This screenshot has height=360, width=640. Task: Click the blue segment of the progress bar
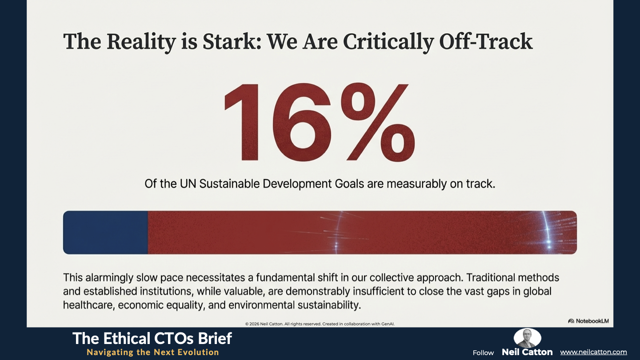coord(105,232)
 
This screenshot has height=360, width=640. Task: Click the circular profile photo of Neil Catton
coord(527,338)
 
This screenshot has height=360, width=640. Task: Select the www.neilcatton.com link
coord(593,352)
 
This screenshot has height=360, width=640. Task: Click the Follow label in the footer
coord(483,352)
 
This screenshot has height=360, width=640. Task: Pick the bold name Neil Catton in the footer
coord(527,352)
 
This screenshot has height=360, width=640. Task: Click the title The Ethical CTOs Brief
coord(152,339)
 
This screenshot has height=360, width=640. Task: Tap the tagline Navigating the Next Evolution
coord(152,352)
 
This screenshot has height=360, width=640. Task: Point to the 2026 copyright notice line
coord(320,324)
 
